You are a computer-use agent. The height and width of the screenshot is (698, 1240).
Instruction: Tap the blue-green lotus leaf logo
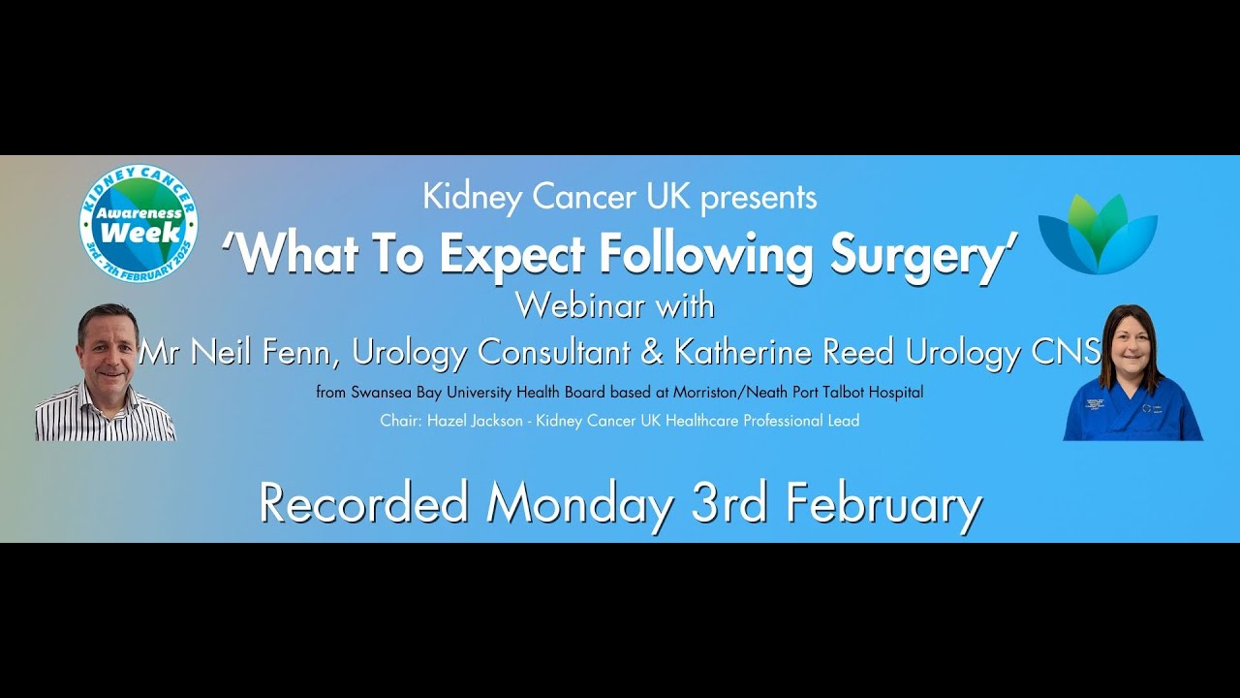coord(1098,234)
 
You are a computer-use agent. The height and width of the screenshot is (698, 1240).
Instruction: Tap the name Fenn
coord(299,352)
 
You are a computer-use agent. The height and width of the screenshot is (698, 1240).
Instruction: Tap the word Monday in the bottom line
coord(579,504)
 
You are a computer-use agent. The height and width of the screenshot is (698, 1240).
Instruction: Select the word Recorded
coord(363,504)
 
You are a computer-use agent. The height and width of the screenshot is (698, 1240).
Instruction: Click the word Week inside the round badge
coord(139,232)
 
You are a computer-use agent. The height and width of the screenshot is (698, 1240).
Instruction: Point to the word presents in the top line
coord(759,198)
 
